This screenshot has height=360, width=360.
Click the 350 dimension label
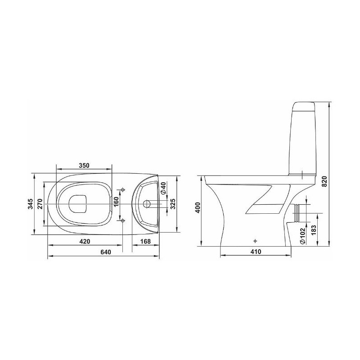[84, 165]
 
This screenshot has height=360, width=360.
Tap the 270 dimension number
[40, 204]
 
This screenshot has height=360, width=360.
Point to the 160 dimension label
[117, 202]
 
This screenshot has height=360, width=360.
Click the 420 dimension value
[85, 242]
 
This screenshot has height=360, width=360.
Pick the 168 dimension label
[145, 242]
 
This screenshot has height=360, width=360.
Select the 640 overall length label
[106, 252]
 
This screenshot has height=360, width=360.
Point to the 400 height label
[198, 207]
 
